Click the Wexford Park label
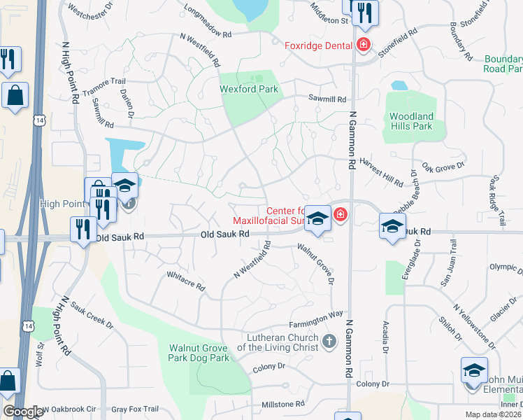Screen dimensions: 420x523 pos(249,89)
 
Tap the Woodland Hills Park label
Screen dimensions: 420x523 pos(411,121)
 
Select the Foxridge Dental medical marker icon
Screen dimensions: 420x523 pos(363,46)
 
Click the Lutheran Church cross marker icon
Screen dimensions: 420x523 pos(329,342)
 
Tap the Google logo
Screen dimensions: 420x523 pos(23,412)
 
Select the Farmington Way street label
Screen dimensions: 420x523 pos(317,320)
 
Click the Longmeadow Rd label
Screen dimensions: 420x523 pos(208,22)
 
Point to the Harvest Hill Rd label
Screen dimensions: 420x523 pos(381,171)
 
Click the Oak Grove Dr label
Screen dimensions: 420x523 pos(442,167)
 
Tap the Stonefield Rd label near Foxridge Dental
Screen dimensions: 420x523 pos(397,42)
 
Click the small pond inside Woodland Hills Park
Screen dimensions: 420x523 pos(399,86)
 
